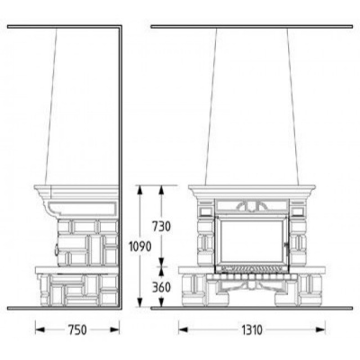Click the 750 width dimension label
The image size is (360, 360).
(77, 330)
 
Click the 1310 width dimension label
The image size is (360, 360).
(252, 330)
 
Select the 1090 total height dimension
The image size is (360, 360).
(139, 247)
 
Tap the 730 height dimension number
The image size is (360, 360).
(161, 226)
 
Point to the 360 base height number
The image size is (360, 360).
(161, 287)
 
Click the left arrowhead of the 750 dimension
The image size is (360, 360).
(40, 330)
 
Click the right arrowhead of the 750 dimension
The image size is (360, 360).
(115, 330)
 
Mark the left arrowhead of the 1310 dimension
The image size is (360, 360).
(184, 330)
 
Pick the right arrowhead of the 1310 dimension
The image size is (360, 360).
(320, 330)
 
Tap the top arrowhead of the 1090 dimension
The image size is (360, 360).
(139, 190)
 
